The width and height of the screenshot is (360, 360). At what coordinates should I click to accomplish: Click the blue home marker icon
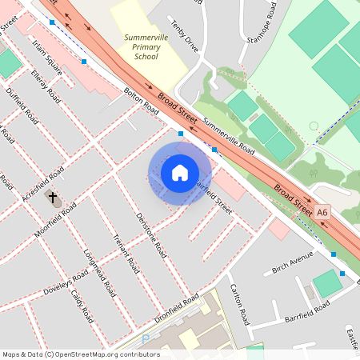click(180, 172)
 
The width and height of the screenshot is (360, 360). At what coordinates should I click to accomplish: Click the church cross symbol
click(53, 197)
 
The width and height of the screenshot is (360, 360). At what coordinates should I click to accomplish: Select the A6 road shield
click(322, 213)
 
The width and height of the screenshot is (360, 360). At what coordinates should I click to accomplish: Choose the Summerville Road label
click(229, 137)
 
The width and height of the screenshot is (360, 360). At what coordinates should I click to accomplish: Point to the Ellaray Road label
click(46, 86)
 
